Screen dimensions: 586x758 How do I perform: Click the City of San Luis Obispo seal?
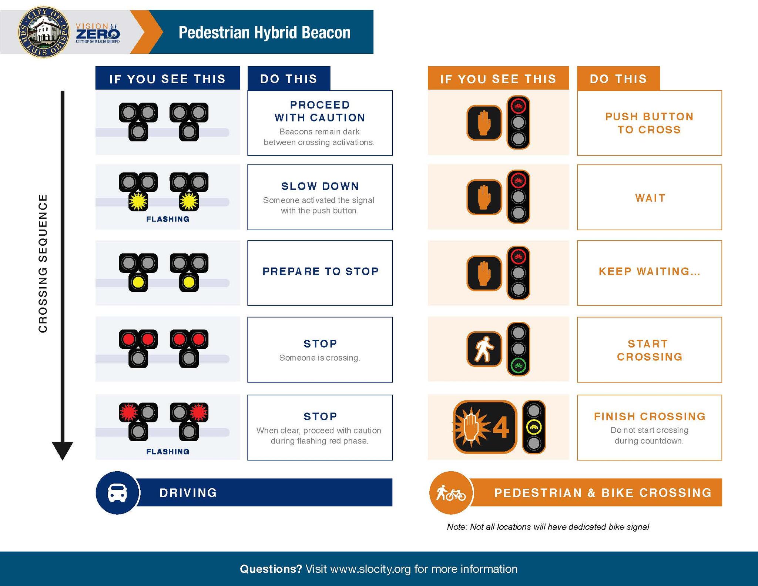pyautogui.click(x=43, y=32)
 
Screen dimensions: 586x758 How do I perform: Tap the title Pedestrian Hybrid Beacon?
pyautogui.click(x=264, y=33)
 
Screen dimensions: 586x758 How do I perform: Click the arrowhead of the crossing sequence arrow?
pyautogui.click(x=63, y=450)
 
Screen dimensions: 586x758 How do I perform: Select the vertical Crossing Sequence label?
pyautogui.click(x=43, y=263)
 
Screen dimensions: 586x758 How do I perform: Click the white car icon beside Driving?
pyautogui.click(x=117, y=493)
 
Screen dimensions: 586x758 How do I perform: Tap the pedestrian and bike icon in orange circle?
pyautogui.click(x=450, y=493)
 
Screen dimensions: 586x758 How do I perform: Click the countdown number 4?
pyautogui.click(x=501, y=428)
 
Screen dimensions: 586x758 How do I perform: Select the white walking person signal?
pyautogui.click(x=484, y=349)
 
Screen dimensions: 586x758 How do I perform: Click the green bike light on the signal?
pyautogui.click(x=518, y=365)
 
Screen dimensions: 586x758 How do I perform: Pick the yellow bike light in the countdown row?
pyautogui.click(x=534, y=427)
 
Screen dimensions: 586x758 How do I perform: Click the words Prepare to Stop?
pyautogui.click(x=321, y=271)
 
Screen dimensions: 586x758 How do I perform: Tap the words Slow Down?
pyautogui.click(x=320, y=186)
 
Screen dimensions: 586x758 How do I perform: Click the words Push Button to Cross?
pyautogui.click(x=649, y=123)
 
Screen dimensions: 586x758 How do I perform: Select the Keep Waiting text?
pyautogui.click(x=649, y=271)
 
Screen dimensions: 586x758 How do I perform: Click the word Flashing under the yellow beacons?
pyautogui.click(x=168, y=219)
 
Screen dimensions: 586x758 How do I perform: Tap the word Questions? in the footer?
pyautogui.click(x=271, y=569)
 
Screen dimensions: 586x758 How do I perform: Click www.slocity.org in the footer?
pyautogui.click(x=370, y=569)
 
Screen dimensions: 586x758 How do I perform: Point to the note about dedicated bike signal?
pyautogui.click(x=548, y=527)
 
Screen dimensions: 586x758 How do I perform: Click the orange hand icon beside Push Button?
pyautogui.click(x=484, y=123)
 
